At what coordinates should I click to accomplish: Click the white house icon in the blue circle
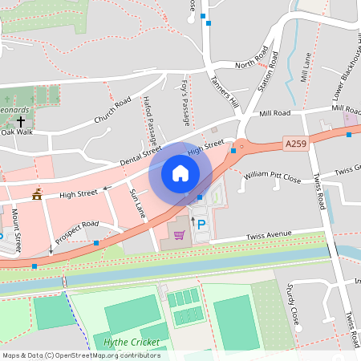180,172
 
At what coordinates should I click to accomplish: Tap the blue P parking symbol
201,225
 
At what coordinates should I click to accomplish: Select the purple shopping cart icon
180,234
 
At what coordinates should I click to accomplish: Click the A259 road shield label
296,144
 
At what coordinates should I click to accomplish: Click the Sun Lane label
138,201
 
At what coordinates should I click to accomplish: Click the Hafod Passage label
149,116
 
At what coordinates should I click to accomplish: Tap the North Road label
251,63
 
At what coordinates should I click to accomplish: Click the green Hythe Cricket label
132,343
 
